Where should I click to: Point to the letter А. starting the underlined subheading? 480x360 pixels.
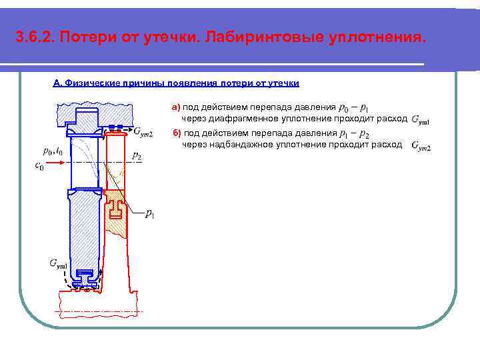point(57,83)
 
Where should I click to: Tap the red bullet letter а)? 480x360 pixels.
point(176,107)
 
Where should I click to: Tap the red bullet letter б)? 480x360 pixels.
point(177,133)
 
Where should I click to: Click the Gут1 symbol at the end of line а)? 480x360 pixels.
point(421,121)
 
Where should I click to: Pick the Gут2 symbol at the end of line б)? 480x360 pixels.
point(421,146)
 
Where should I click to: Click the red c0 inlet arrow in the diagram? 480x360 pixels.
point(52,161)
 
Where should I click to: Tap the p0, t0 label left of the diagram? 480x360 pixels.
point(52,151)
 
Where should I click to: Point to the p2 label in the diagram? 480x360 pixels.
point(137,155)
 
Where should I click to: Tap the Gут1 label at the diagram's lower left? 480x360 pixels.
point(58,265)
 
